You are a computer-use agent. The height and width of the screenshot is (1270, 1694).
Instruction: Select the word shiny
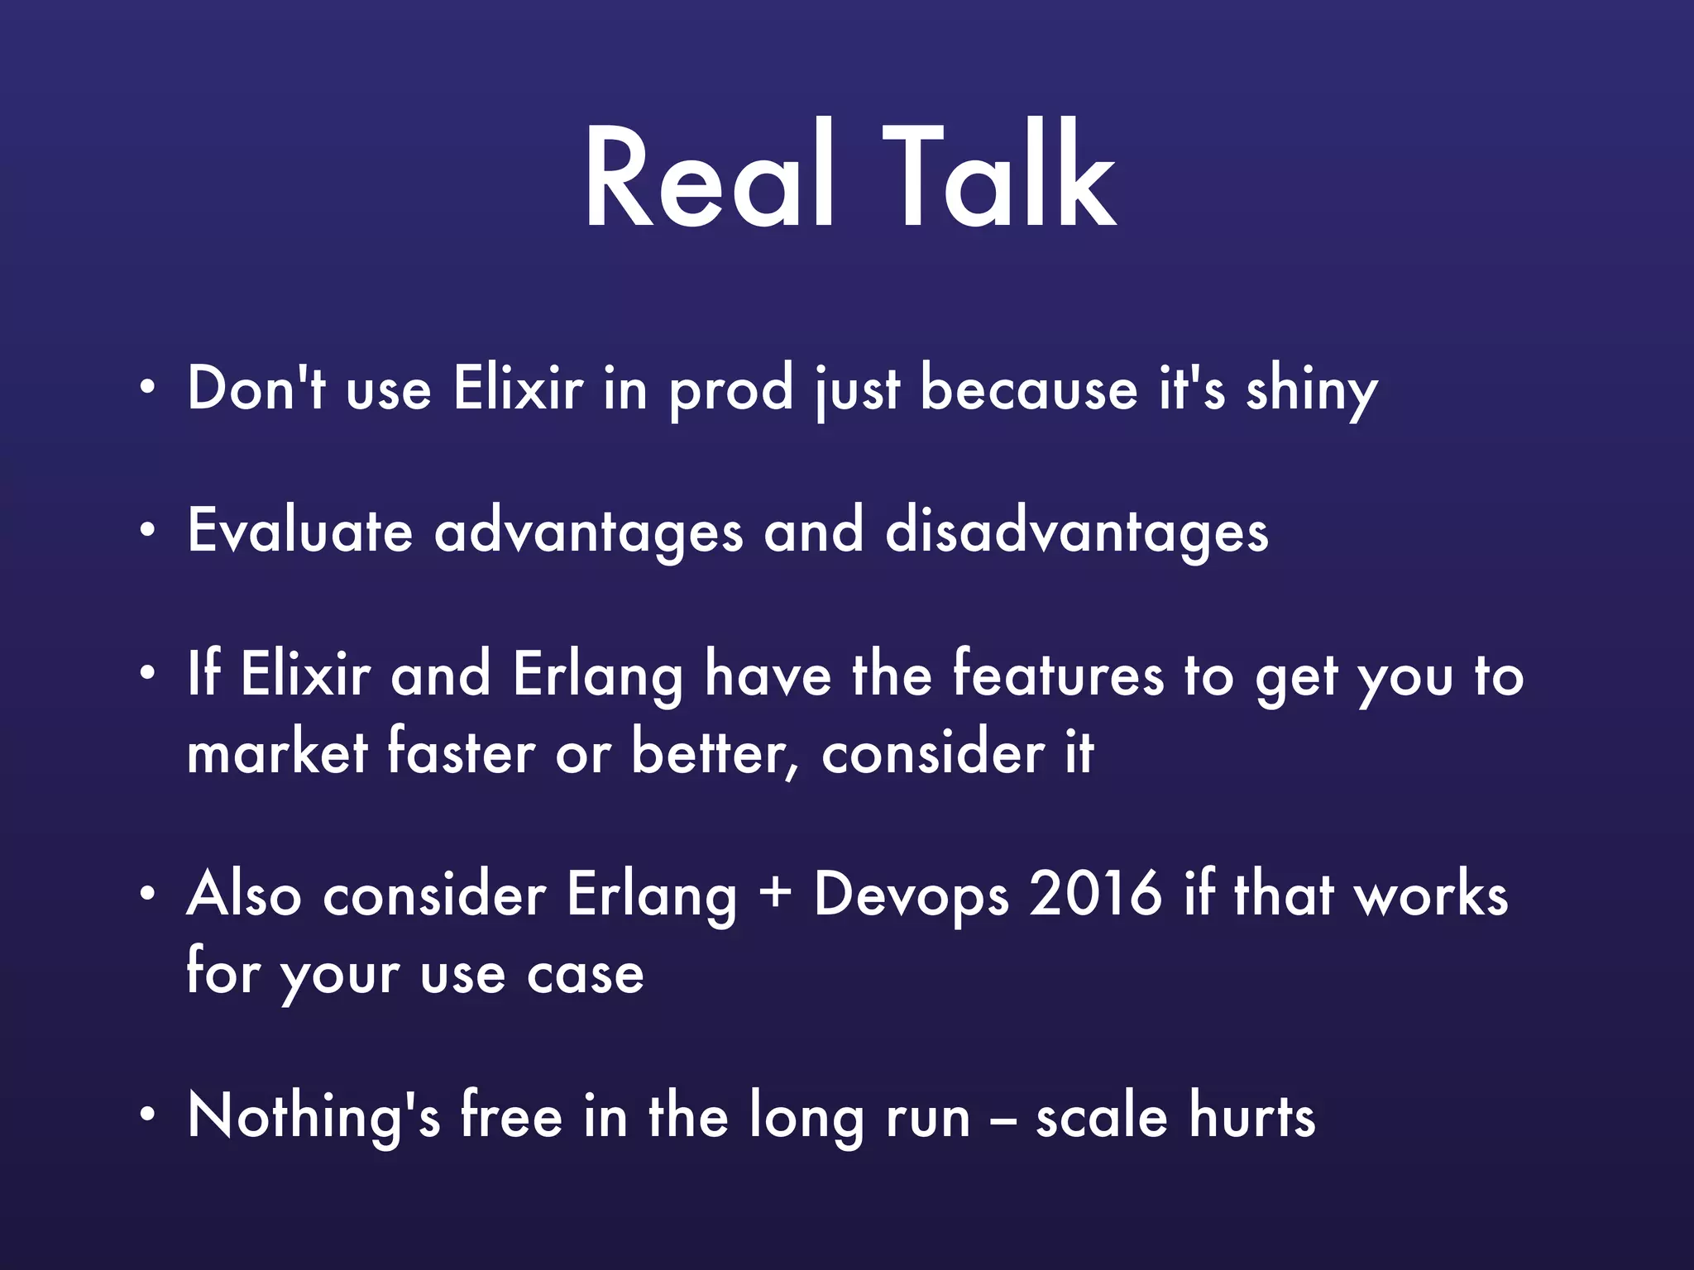1311,390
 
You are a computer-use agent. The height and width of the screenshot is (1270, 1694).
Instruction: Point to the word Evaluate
299,531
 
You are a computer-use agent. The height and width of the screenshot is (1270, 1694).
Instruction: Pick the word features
1058,675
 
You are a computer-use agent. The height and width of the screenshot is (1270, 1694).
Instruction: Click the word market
277,752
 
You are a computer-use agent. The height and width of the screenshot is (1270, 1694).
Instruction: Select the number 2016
1095,895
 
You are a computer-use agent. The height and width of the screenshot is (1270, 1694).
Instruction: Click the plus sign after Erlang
775,896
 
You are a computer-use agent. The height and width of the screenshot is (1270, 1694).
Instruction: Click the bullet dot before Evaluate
147,530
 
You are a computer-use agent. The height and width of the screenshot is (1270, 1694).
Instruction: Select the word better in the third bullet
711,752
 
